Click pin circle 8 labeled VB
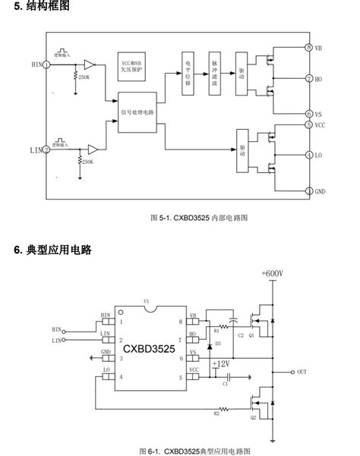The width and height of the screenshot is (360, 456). point(308,47)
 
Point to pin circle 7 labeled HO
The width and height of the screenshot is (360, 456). point(308,78)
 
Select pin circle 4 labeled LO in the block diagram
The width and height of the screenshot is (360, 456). point(308,155)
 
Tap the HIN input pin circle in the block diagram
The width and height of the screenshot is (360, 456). point(47,64)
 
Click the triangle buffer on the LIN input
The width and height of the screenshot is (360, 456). point(91,149)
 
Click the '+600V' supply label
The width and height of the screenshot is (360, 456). point(272,274)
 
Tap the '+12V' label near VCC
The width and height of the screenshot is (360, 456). point(222,364)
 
